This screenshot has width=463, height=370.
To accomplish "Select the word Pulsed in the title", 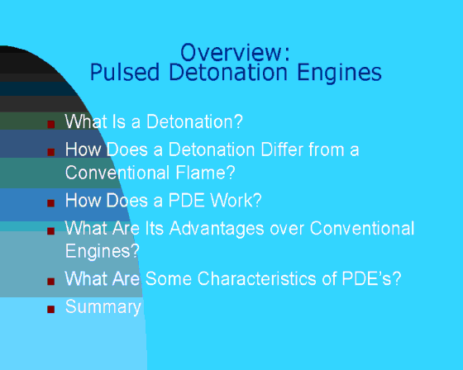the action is (125, 73).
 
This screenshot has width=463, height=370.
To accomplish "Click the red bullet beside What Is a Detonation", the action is (51, 124).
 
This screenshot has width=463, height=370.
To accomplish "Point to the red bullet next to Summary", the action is (51, 309).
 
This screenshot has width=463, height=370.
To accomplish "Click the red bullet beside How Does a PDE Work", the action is (51, 203).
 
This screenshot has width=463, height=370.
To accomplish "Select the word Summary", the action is (103, 308).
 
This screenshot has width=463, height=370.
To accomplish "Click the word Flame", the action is (206, 173).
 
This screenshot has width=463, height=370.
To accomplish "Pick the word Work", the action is (236, 201).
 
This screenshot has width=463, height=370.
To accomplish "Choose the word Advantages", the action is (217, 230).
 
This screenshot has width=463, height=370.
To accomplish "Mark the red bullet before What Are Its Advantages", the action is (51, 230).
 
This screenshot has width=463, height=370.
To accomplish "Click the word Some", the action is (169, 278).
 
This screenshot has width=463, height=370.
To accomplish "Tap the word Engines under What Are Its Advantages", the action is (103, 252).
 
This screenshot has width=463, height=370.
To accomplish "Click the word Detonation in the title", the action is (228, 73).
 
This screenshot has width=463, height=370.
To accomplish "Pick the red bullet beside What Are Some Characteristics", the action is (51, 281).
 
